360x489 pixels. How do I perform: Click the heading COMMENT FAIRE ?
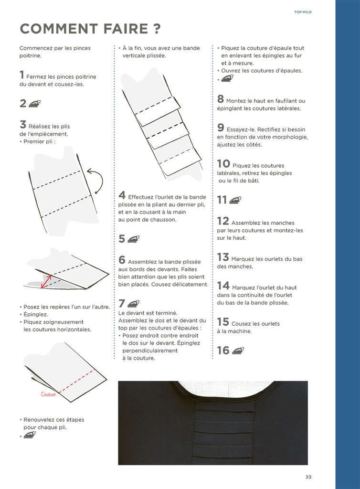(90, 29)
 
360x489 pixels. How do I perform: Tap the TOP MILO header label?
(303, 12)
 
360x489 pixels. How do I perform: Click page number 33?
(308, 477)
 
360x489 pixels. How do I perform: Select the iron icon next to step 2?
(34, 103)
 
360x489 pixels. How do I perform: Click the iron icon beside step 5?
(133, 239)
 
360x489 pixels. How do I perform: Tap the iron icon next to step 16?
(238, 351)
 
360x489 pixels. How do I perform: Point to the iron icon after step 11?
(235, 200)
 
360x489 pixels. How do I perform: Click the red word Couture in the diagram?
(48, 394)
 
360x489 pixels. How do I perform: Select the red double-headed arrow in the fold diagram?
(46, 281)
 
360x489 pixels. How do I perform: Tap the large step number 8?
(221, 99)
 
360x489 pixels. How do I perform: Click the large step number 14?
(223, 286)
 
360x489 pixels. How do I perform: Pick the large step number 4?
(122, 195)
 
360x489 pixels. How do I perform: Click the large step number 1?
(22, 75)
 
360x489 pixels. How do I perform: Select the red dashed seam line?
(76, 381)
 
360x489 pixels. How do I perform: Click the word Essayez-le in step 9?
(240, 129)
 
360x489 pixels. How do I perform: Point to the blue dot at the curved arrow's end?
(96, 193)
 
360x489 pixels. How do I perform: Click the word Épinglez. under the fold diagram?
(36, 314)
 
